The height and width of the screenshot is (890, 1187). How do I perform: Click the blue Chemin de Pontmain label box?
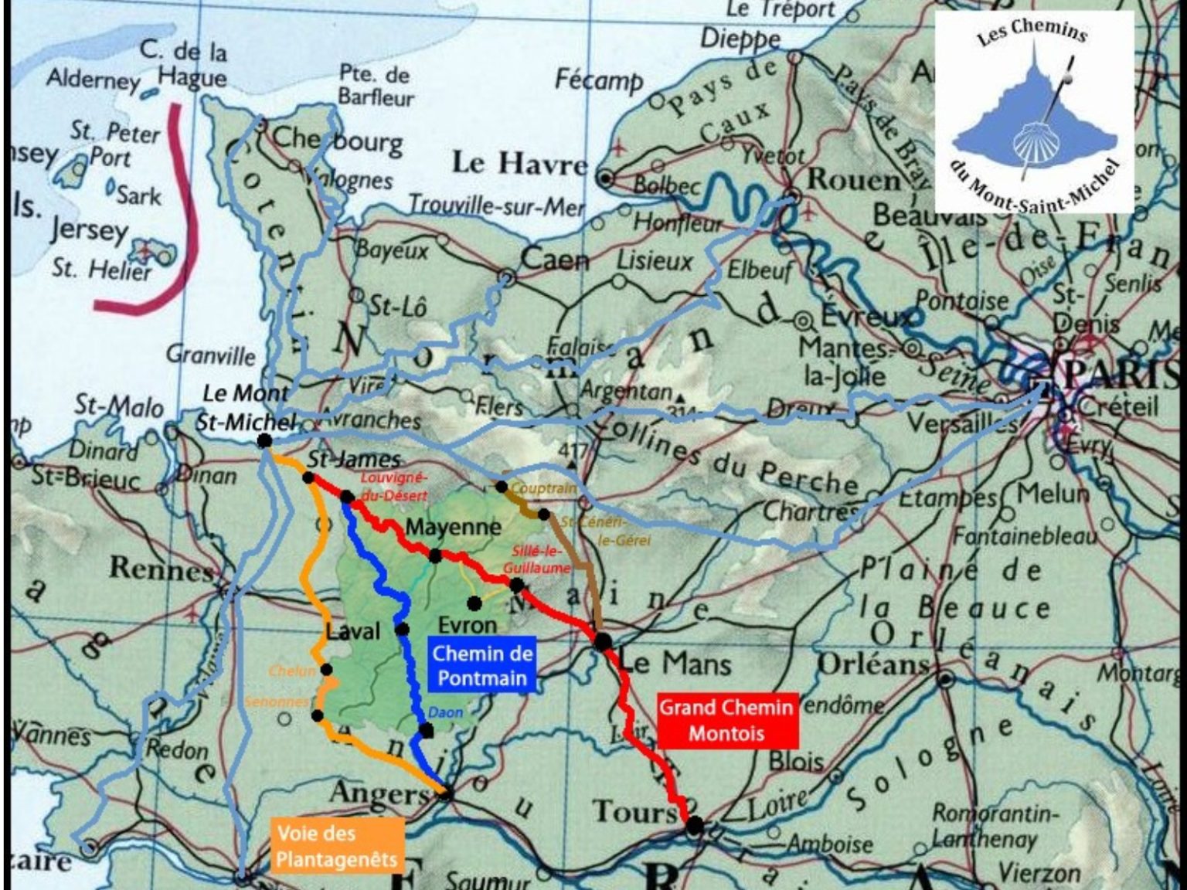481,665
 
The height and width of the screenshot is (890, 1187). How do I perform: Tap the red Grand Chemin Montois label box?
726,720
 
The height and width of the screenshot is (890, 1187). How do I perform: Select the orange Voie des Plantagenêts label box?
337,846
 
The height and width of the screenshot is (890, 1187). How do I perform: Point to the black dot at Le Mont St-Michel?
264,440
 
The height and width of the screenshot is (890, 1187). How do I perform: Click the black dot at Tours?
695,825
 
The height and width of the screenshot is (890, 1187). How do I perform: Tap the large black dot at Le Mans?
603,640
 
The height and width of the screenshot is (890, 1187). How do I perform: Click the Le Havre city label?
519,163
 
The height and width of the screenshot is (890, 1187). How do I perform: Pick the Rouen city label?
852,179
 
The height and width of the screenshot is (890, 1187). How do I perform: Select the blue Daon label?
445,712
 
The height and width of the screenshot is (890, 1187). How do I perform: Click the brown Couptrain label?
544,488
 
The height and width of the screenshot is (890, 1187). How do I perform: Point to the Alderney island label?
93,80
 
